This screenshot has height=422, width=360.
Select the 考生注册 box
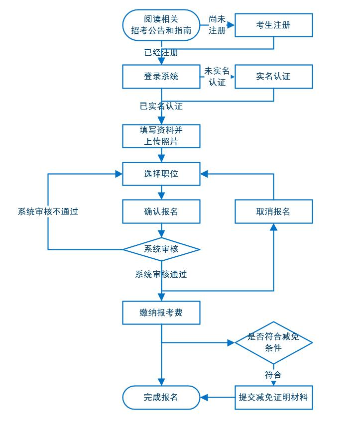[273, 25]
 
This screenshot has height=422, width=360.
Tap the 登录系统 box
[161, 77]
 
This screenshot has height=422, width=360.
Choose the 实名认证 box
[273, 77]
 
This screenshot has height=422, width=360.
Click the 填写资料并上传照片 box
[161, 136]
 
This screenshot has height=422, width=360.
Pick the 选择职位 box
[161, 174]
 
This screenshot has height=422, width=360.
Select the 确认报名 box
[161, 211]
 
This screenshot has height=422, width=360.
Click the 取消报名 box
[273, 211]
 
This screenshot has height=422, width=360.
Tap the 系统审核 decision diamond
[161, 249]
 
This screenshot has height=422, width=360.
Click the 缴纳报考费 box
[161, 313]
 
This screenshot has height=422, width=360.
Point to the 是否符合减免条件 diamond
[273, 342]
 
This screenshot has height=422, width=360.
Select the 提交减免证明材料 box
[273, 397]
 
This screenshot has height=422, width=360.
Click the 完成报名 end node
[161, 397]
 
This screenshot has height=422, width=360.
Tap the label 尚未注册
[217, 25]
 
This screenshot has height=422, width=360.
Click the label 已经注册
[161, 52]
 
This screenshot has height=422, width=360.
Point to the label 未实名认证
[217, 76]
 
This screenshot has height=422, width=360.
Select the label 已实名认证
[161, 106]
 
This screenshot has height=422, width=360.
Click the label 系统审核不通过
[48, 211]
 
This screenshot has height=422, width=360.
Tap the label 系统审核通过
[161, 274]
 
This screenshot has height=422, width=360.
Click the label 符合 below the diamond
[273, 374]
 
